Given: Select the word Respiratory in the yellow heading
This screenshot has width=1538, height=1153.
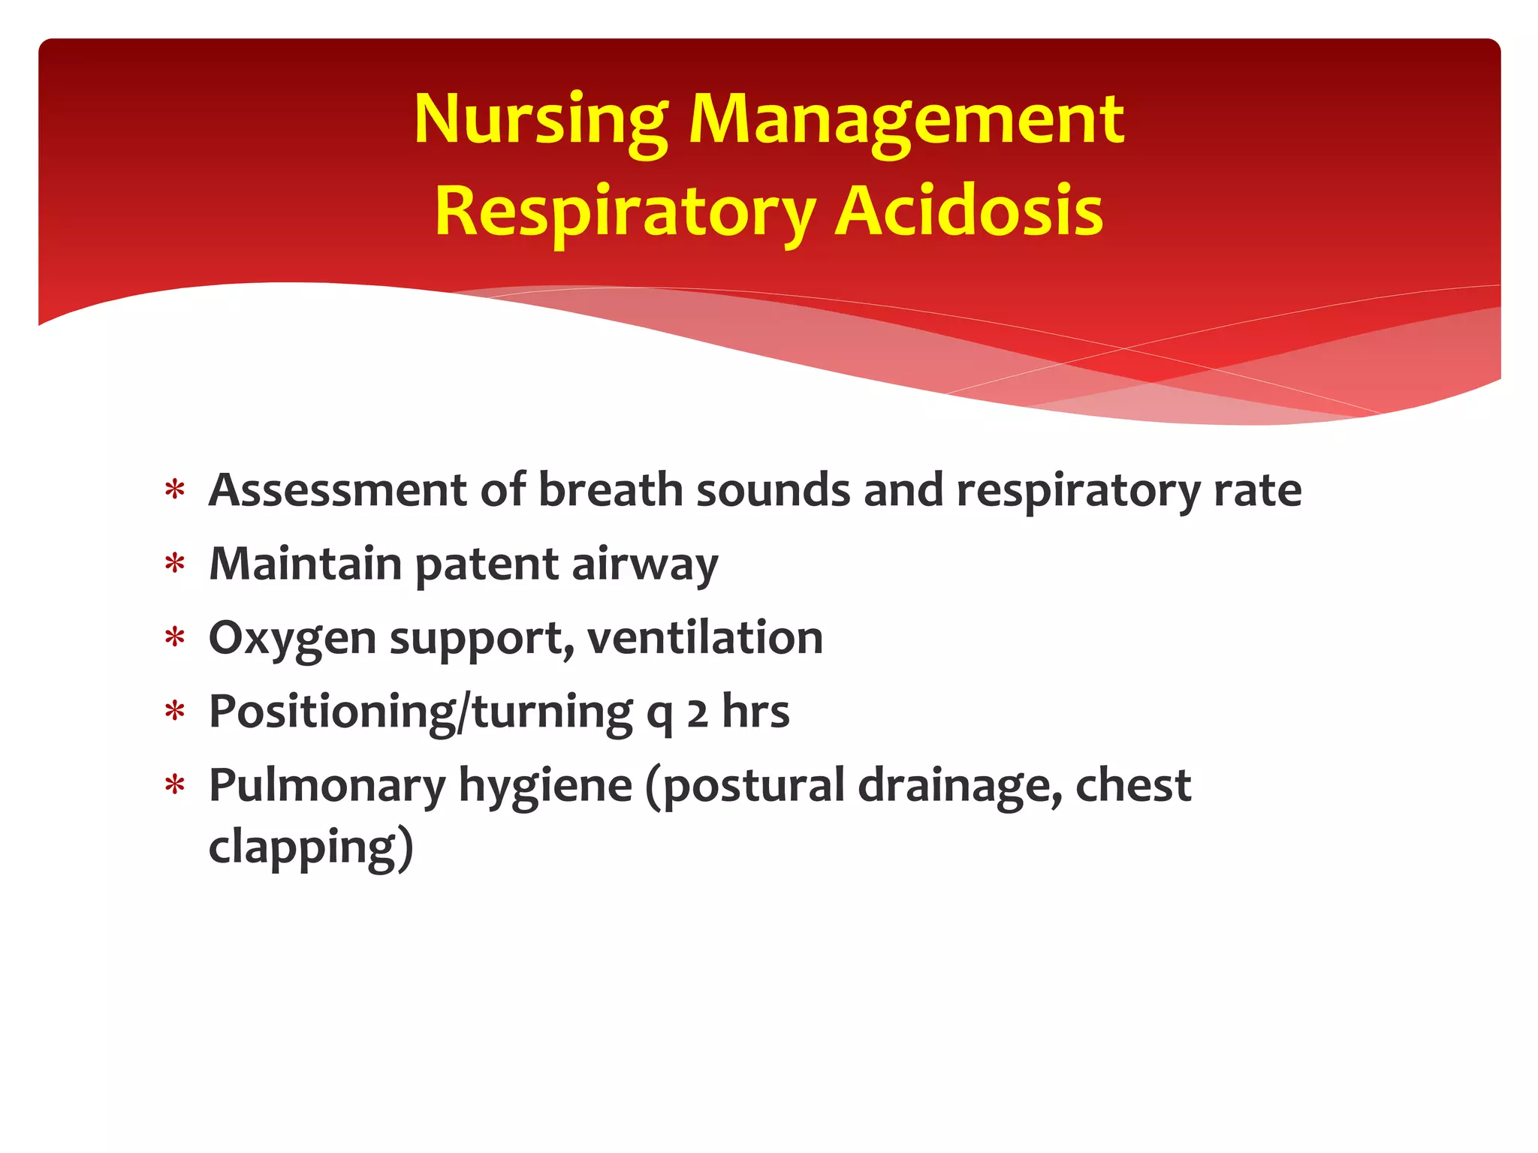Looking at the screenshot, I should point(625,212).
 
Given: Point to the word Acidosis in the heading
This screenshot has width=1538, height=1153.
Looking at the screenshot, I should point(969,212).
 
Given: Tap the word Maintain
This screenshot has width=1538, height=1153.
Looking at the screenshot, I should point(305,564).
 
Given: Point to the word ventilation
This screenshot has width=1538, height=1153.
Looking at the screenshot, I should point(705,638).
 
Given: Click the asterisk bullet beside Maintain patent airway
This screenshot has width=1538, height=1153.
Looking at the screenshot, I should point(175,564).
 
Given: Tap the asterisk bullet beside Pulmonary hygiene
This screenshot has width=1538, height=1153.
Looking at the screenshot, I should point(175,786).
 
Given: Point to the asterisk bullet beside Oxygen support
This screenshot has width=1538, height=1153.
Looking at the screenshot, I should point(175,638).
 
